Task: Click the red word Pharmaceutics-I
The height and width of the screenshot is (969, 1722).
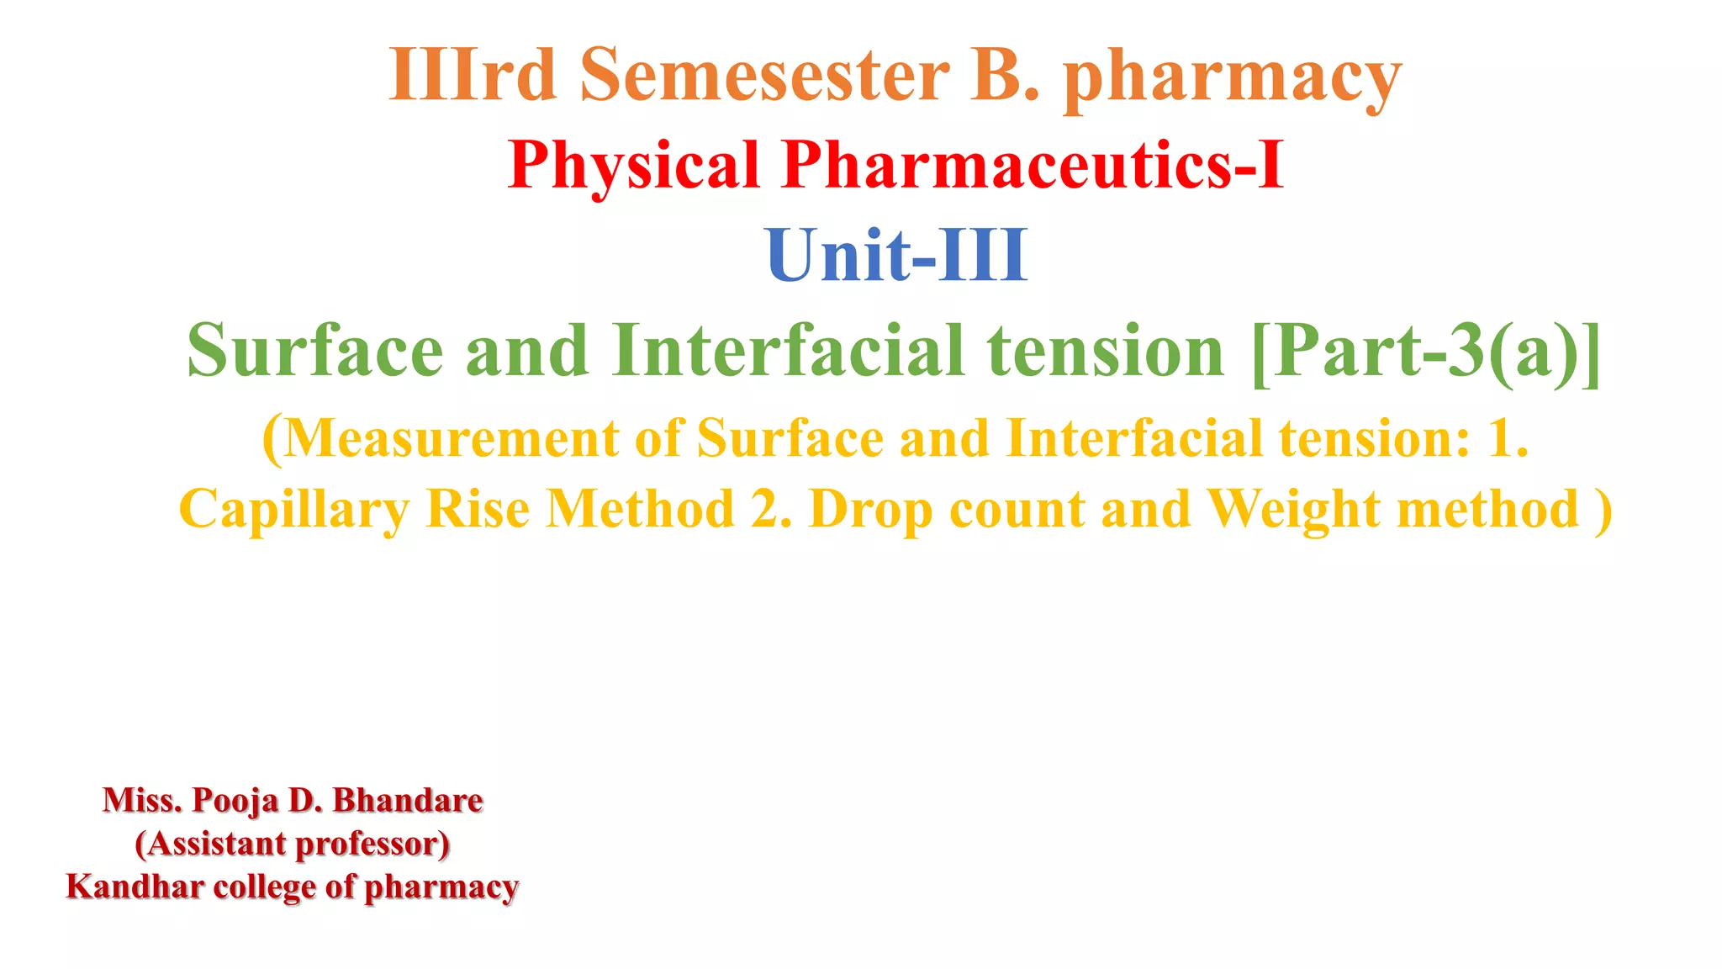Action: (x=1033, y=165)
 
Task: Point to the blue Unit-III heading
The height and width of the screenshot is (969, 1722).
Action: (x=896, y=255)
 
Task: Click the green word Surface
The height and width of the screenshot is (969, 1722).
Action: (x=314, y=350)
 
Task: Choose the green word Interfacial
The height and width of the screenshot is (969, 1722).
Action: (x=788, y=350)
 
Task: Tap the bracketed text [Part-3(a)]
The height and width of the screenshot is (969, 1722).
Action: (x=1426, y=352)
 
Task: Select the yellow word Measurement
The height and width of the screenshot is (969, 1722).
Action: (x=452, y=438)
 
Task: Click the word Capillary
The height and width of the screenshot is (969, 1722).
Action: (x=294, y=511)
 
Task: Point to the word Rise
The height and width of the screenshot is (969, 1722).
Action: (x=478, y=509)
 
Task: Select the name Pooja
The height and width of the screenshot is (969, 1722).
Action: (x=235, y=801)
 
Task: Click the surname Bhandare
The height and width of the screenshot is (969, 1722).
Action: (x=408, y=800)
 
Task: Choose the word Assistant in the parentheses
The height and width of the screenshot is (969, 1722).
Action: (x=216, y=844)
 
